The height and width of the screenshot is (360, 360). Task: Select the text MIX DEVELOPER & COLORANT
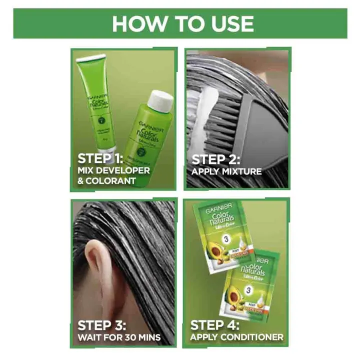(113, 175)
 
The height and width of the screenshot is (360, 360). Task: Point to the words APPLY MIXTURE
(226, 171)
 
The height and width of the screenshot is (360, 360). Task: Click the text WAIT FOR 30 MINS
(119, 337)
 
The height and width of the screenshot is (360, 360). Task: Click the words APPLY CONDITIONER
(236, 337)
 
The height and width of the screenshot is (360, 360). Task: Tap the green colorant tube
(92, 100)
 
